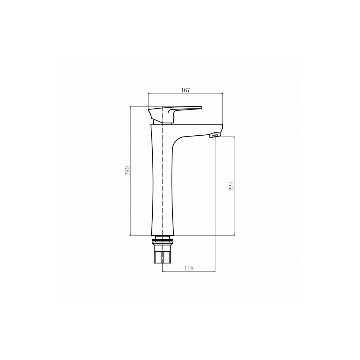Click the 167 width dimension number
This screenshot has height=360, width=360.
(x=185, y=90)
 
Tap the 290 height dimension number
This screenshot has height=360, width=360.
(x=127, y=171)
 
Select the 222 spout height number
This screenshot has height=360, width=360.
(x=231, y=186)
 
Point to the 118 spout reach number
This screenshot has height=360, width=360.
(x=189, y=268)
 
